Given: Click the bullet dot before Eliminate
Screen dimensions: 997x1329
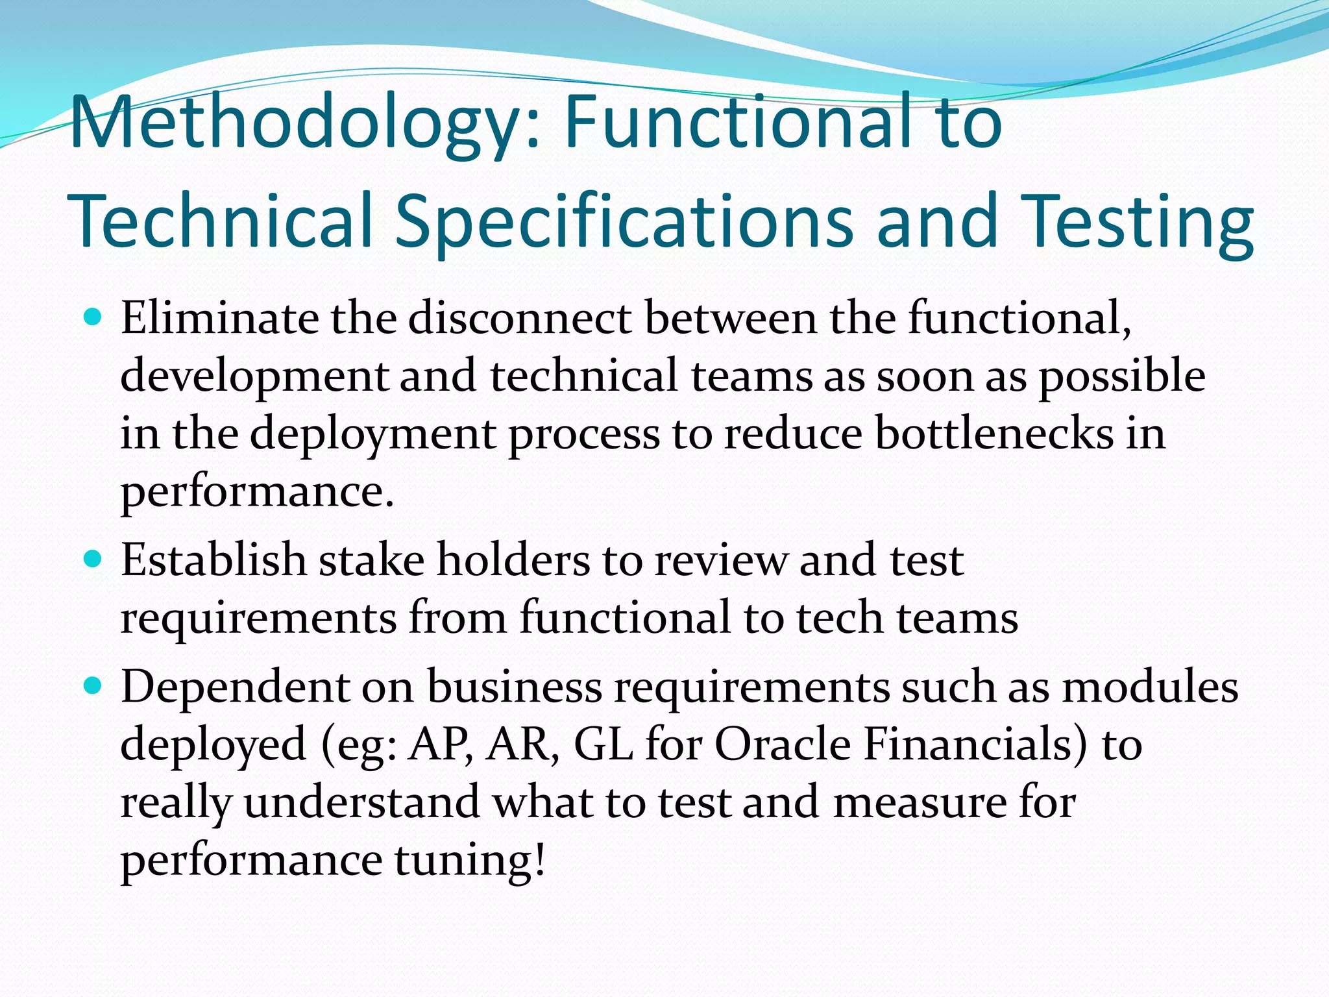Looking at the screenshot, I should [x=94, y=317].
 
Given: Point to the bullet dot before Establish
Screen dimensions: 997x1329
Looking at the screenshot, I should [x=94, y=559].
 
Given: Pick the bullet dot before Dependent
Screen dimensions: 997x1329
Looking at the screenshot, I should [x=94, y=685].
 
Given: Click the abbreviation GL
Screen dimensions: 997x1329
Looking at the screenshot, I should [x=604, y=744].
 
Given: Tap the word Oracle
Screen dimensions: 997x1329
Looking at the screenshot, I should [x=782, y=744].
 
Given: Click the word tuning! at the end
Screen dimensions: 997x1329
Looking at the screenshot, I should [x=470, y=860].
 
